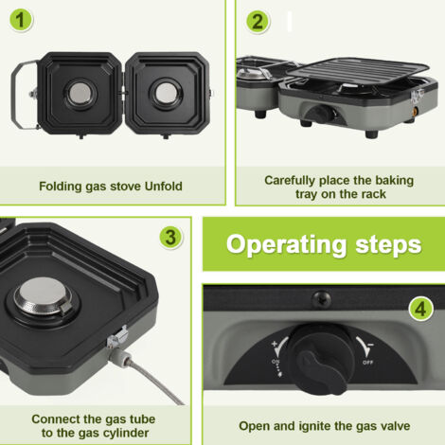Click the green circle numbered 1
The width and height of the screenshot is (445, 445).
pyautogui.click(x=21, y=20)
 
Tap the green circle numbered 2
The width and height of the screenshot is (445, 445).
pyautogui.click(x=258, y=22)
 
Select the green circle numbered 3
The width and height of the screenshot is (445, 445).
pyautogui.click(x=170, y=238)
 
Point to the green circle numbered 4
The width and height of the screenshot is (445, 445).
pyautogui.click(x=420, y=309)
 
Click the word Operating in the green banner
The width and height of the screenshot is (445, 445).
pyautogui.click(x=286, y=245)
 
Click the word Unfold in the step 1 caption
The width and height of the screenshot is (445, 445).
pyautogui.click(x=164, y=187)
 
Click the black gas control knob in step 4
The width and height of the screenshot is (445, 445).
pyautogui.click(x=321, y=358)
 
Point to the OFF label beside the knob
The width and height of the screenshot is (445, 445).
pyautogui.click(x=367, y=363)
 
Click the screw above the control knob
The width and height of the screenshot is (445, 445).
pyautogui.click(x=321, y=298)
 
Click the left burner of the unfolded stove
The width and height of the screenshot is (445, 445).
pyautogui.click(x=80, y=93)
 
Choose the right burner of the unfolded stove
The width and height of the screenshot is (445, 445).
pyautogui.click(x=166, y=94)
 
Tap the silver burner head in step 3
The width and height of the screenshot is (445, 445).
pyautogui.click(x=44, y=296)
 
